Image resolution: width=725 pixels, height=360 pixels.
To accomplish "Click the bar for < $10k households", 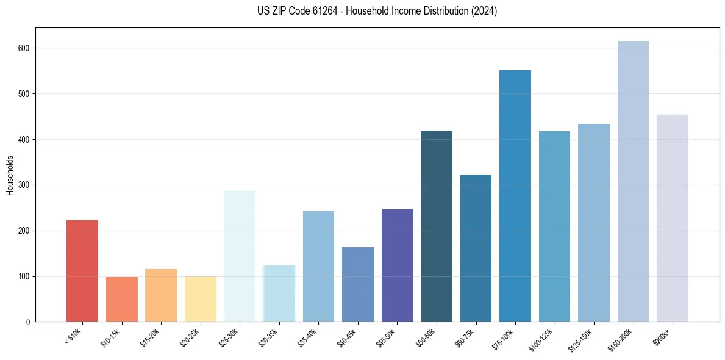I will pyautogui.click(x=82, y=271).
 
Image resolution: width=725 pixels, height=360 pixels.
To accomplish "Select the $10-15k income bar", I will pyautogui.click(x=121, y=300).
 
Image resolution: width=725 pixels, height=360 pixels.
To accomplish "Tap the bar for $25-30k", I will pyautogui.click(x=240, y=256).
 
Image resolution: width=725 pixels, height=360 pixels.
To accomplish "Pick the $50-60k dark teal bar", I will pyautogui.click(x=437, y=226).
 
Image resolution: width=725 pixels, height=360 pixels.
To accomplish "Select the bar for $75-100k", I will pyautogui.click(x=515, y=196).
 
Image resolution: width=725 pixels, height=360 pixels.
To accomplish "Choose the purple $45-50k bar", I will pyautogui.click(x=397, y=265).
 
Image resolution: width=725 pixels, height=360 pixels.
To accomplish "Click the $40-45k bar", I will pyautogui.click(x=358, y=284).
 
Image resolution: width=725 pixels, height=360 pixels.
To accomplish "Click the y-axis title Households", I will pyautogui.click(x=10, y=175).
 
